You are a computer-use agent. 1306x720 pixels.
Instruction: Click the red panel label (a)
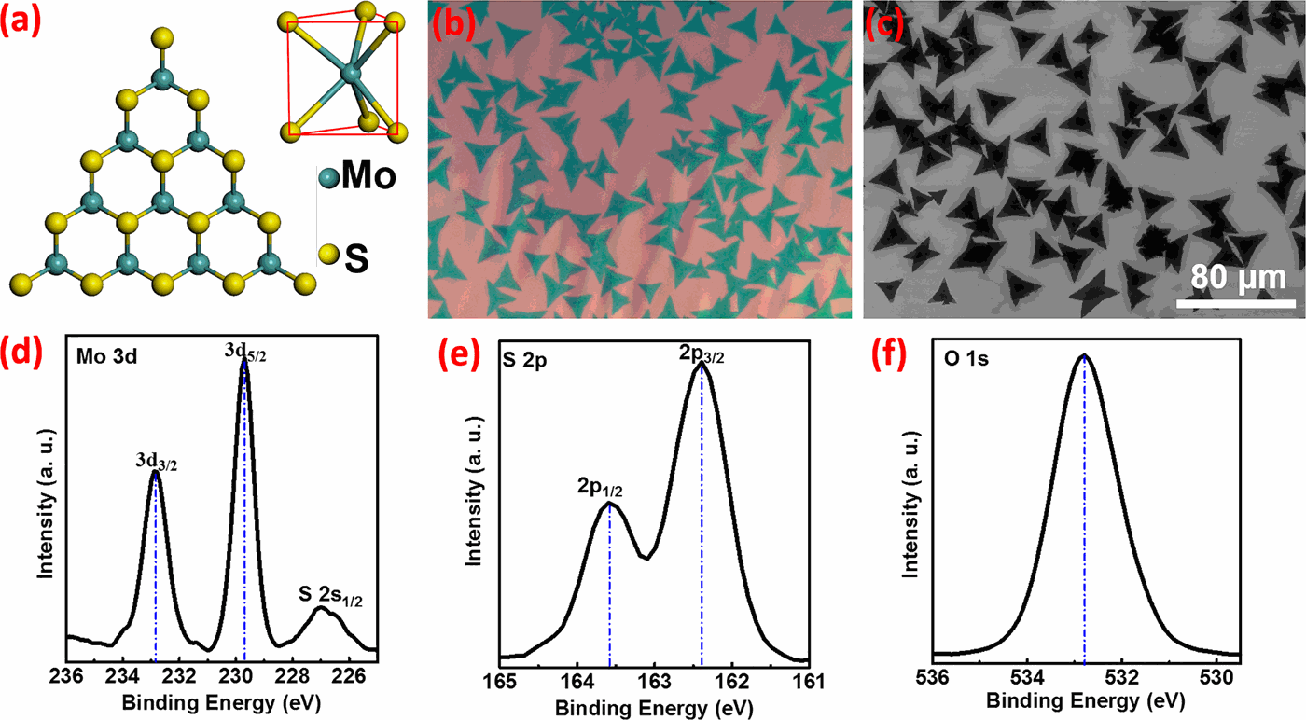point(21,21)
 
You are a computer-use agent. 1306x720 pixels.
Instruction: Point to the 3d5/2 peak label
point(243,351)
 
